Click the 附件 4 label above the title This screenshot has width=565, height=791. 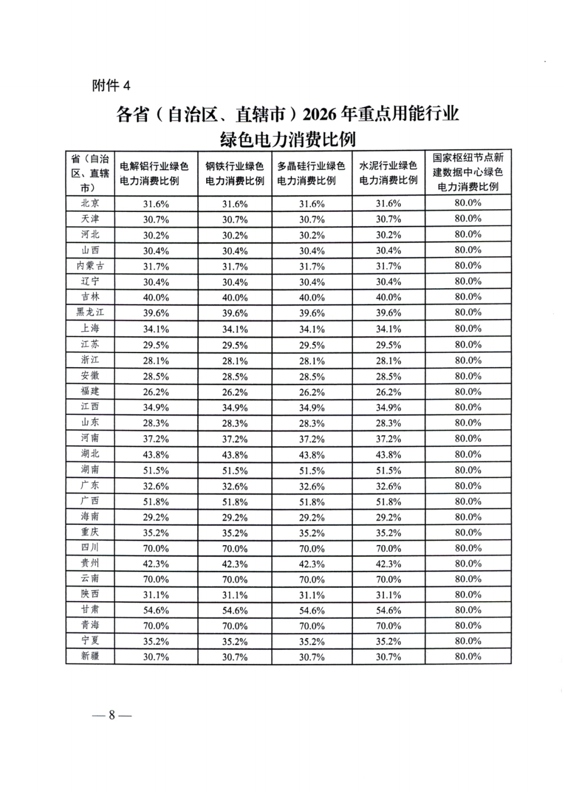tap(111, 85)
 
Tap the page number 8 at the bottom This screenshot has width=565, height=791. tap(111, 715)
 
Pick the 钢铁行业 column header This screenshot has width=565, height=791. tap(234, 173)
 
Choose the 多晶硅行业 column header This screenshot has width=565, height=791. tap(311, 173)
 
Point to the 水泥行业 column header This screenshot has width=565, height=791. tap(388, 173)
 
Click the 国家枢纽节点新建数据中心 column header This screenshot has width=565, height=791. tap(468, 172)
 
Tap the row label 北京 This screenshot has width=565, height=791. tap(90, 203)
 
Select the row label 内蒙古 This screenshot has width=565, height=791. tap(90, 266)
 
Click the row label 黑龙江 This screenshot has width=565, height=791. tap(90, 312)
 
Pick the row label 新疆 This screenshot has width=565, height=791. tap(90, 656)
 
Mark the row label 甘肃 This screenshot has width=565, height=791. tap(90, 609)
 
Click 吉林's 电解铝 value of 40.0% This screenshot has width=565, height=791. tap(156, 297)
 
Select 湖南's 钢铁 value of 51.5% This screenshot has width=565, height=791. tap(235, 470)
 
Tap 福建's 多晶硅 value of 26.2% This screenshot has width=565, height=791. tap(312, 392)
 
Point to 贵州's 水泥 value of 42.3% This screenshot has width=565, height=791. tap(388, 564)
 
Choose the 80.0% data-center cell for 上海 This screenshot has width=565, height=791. tap(468, 329)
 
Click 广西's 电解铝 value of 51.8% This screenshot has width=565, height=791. tap(156, 502)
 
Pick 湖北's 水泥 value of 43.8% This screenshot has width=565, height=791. tap(388, 455)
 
